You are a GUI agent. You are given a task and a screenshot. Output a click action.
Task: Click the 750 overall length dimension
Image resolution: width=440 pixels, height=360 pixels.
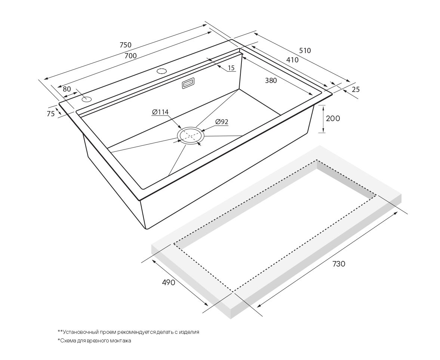coord(126,44)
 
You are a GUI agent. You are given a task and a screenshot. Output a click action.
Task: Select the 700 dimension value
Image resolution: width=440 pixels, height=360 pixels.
coord(130,56)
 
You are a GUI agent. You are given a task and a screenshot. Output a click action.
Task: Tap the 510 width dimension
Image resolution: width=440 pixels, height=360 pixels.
coord(305,50)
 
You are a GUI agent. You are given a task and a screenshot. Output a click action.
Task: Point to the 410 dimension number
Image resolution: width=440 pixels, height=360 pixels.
coord(292,60)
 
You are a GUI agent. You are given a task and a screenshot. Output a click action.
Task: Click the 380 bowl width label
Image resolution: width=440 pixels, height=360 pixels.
coord(271,80)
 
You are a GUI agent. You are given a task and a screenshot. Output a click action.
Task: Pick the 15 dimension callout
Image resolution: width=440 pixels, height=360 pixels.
coord(231,68)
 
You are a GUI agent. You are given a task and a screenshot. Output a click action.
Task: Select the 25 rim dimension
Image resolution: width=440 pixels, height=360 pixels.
coord(356,89)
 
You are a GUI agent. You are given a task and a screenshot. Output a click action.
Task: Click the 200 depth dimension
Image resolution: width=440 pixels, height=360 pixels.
coord(333,119)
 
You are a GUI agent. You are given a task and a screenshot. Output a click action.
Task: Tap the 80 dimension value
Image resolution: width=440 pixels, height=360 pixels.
coord(67,89)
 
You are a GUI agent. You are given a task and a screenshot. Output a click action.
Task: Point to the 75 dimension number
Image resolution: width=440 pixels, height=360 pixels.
coord(50,114)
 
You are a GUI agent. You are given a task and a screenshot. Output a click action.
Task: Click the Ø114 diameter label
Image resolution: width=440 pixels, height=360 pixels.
coord(160,112)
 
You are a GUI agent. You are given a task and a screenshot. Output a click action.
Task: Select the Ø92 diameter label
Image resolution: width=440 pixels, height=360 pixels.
coord(222,122)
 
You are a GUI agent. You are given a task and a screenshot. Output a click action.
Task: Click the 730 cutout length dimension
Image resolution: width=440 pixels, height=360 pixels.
coord(339,264)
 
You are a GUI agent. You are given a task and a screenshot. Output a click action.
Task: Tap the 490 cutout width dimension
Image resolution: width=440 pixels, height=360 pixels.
coord(168,283)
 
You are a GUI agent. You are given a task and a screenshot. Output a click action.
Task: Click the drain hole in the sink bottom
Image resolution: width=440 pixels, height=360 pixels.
coord(191,136)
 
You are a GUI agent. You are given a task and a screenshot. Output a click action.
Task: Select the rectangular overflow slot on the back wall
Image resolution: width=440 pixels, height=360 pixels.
coord(188,83)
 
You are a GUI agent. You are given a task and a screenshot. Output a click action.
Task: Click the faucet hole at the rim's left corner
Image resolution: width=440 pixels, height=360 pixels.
coord(87,99)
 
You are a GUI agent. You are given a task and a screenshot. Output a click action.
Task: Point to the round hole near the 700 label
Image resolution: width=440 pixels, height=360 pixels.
coord(162,71)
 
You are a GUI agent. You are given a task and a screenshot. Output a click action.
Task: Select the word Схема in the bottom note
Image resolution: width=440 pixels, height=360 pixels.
coord(67,341)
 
